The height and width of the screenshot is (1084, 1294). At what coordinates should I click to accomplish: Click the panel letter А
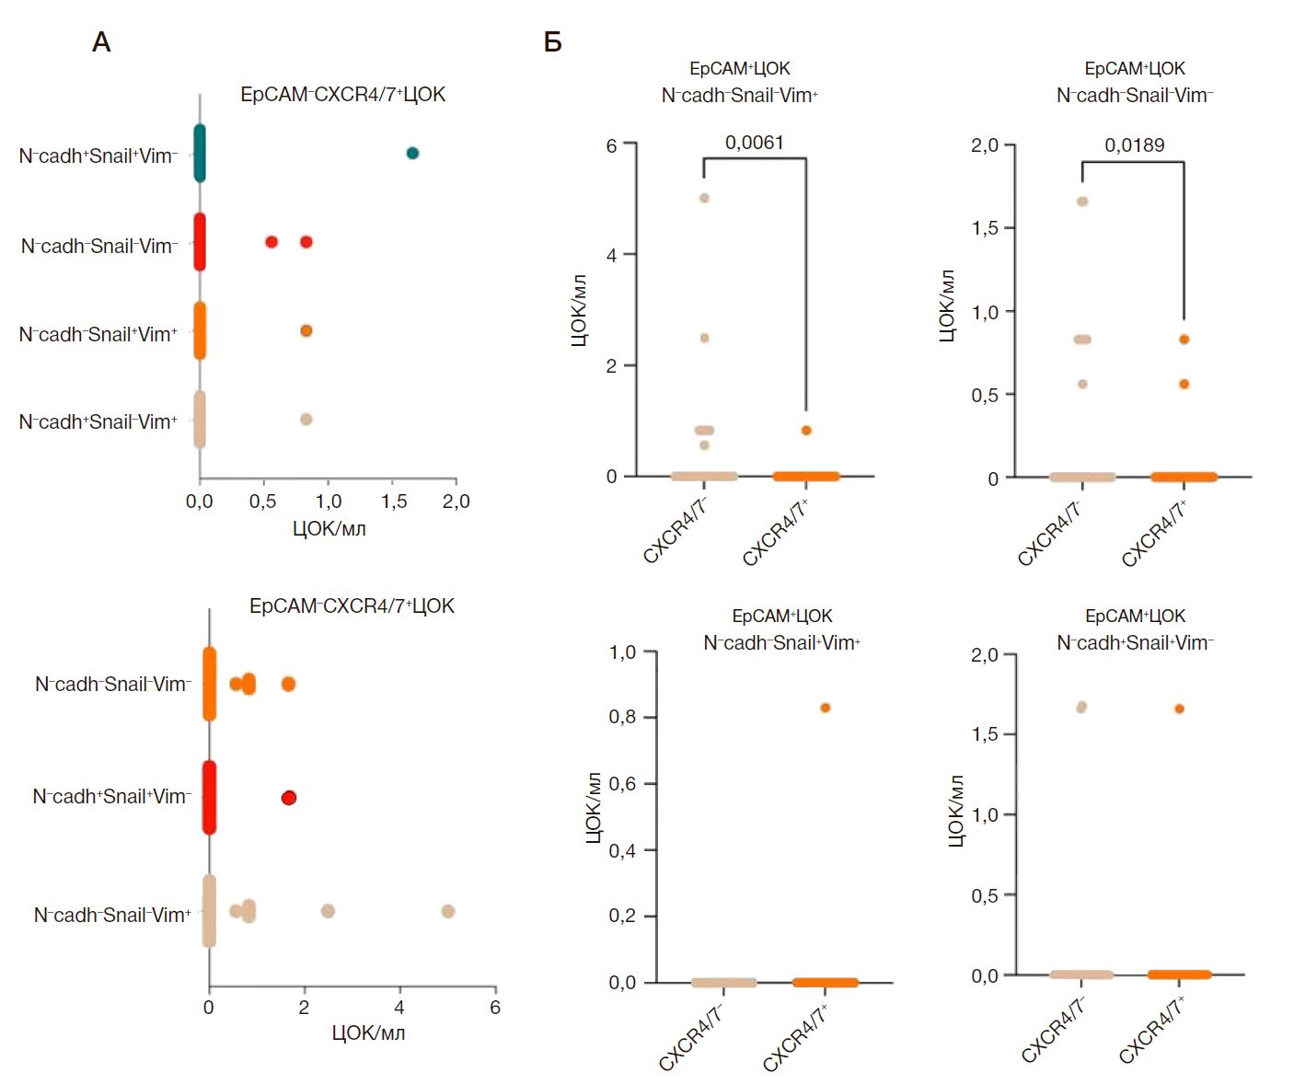point(101,42)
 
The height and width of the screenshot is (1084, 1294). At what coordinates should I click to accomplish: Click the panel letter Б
point(552,42)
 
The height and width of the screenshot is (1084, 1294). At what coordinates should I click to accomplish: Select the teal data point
point(412,153)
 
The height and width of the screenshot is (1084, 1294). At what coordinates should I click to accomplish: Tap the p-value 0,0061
point(754,143)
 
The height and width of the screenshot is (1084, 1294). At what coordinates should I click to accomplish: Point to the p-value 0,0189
point(1134,145)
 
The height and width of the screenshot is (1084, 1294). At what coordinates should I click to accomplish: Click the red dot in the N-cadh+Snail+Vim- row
point(289,798)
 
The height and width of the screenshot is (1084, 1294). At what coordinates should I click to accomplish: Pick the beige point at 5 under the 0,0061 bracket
point(704,198)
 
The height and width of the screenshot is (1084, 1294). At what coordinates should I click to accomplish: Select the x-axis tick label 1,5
point(394,502)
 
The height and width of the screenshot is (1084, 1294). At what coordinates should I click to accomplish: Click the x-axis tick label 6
point(495,1008)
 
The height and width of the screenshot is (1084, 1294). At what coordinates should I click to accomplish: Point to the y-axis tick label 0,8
point(622,717)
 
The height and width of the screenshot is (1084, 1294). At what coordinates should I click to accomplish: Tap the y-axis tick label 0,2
point(622,916)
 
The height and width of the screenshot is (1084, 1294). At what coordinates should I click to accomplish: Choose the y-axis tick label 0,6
point(622,784)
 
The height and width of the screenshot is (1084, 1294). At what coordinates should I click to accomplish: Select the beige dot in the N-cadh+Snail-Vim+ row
point(306,420)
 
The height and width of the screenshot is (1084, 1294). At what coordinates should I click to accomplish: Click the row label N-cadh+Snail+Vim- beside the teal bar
point(98,156)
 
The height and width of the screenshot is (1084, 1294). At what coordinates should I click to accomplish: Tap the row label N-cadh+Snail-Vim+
point(98,422)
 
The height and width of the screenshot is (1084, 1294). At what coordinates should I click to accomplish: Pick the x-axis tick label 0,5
point(263,502)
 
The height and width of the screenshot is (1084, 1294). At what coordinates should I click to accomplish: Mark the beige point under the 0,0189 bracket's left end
point(1082,202)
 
